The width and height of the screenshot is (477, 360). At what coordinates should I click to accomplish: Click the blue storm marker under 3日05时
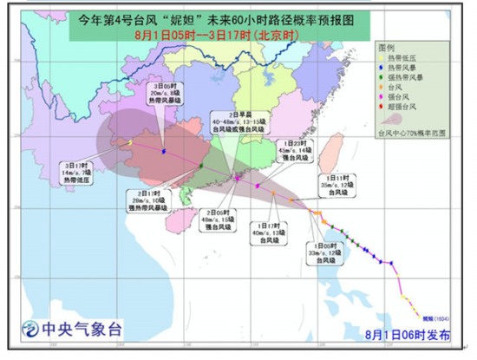(x=165, y=150)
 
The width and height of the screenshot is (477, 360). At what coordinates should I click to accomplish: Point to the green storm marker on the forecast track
(x=200, y=166)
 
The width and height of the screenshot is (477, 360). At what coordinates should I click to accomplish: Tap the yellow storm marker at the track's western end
(x=129, y=141)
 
